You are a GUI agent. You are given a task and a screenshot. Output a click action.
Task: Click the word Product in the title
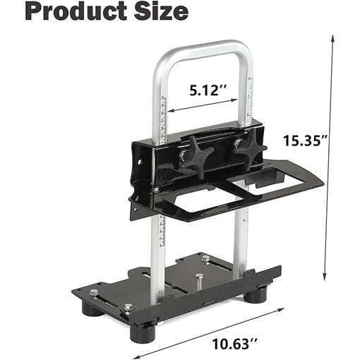pos(66,13)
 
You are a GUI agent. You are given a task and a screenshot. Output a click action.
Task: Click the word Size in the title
pos(160,13)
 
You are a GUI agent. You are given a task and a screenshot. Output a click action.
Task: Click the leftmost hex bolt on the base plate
pos(93,292)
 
